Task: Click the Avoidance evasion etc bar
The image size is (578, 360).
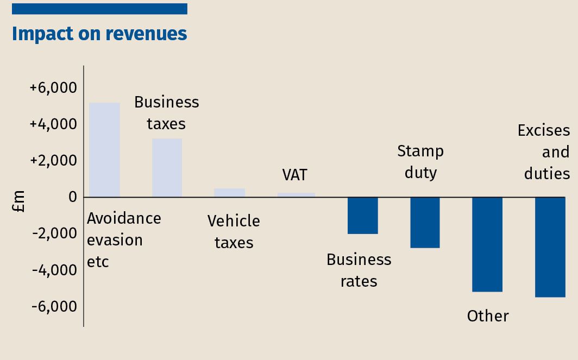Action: [104, 150]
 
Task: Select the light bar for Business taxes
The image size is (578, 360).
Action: [167, 168]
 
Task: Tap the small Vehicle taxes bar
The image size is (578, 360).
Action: [229, 193]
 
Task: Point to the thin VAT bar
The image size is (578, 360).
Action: [296, 195]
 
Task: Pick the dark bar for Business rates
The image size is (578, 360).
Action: [362, 216]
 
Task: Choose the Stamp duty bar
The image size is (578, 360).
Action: [425, 223]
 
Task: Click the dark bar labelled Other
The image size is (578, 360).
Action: [487, 244]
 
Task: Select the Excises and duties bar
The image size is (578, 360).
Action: [550, 247]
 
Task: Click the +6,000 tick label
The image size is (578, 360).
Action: [53, 88]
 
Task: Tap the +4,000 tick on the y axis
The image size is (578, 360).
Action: [53, 124]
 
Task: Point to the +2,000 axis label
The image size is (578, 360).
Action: [53, 161]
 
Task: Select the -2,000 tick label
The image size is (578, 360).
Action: [54, 233]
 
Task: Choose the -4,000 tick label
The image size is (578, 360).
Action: [54, 270]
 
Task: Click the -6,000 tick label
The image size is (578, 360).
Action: [54, 306]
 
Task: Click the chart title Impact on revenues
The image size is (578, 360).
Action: [99, 34]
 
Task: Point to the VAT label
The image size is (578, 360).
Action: [294, 175]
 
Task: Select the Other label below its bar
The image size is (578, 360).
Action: [488, 316]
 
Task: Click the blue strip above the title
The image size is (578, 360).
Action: [99, 9]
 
